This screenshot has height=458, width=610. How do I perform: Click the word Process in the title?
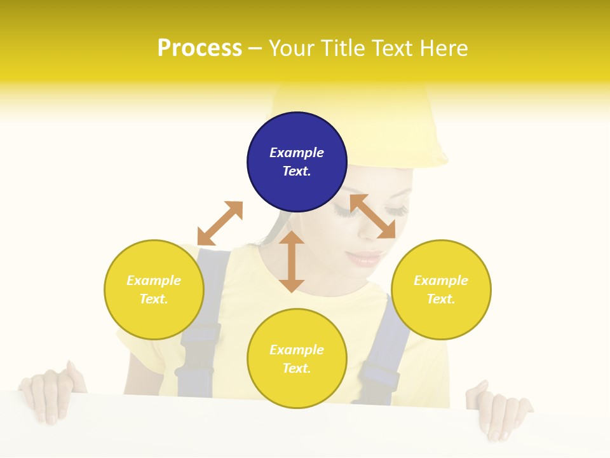click(x=200, y=48)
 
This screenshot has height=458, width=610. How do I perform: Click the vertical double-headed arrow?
click(x=292, y=261)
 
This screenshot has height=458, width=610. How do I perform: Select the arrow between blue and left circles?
click(x=220, y=223)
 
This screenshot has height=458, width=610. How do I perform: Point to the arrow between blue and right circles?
click(x=372, y=216)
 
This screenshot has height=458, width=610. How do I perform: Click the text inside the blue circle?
click(x=297, y=162)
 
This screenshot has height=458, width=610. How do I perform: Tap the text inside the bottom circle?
click(x=297, y=359)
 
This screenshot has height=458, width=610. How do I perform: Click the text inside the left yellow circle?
click(x=154, y=289)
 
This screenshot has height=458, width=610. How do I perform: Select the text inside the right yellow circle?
click(x=441, y=289)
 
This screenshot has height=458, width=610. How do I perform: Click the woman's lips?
click(x=365, y=258)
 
